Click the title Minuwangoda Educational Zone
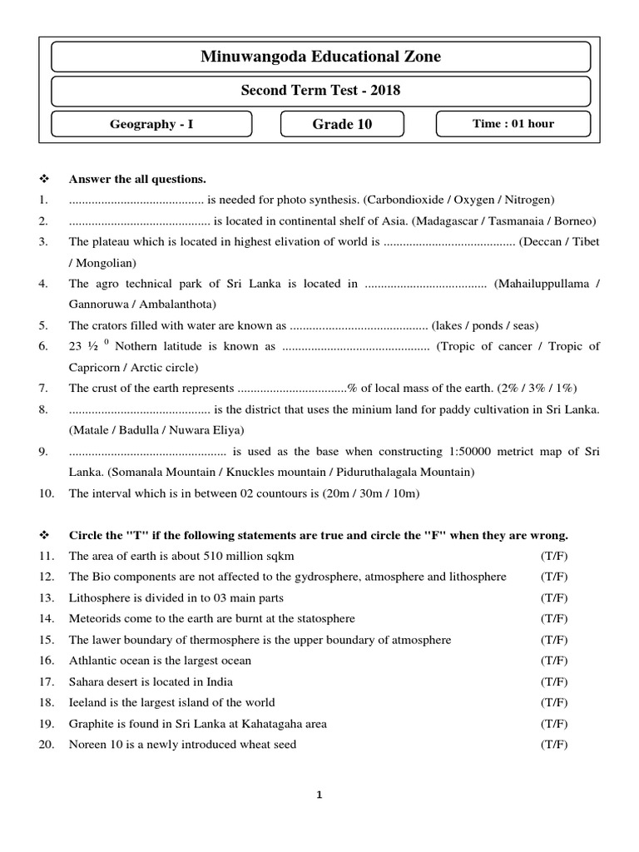click(x=320, y=57)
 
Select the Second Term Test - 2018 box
click(x=320, y=91)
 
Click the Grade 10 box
click(x=342, y=124)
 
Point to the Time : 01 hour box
click(x=513, y=124)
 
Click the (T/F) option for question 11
click(x=554, y=555)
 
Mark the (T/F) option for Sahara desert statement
click(x=554, y=681)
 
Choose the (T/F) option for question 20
click(x=554, y=745)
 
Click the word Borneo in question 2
click(x=572, y=220)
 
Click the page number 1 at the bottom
click(x=320, y=795)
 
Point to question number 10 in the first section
click(x=46, y=493)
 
